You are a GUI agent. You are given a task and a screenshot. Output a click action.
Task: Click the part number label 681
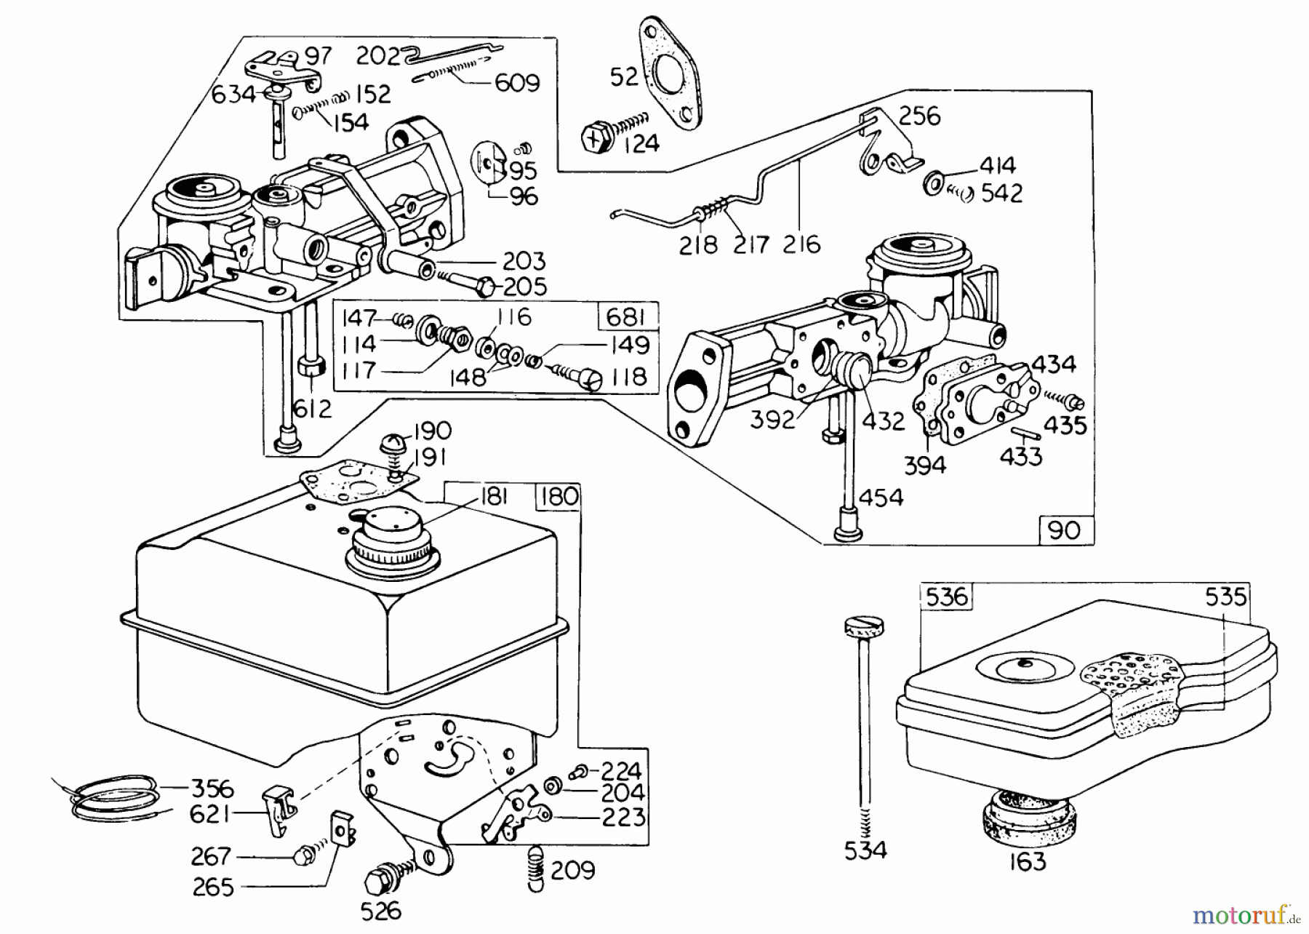[x=625, y=318]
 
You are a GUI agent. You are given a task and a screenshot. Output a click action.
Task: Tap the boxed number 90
[x=1065, y=530]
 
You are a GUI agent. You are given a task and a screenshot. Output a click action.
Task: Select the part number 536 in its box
[x=947, y=596]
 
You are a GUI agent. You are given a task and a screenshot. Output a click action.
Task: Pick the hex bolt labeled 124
[x=599, y=137]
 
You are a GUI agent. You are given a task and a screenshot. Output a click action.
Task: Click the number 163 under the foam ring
[x=1028, y=861]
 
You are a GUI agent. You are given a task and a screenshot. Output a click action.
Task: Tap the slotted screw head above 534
[x=863, y=626]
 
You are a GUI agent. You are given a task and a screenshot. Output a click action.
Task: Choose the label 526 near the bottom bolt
[x=381, y=911]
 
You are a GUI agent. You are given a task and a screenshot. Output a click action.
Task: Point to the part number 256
[x=919, y=116]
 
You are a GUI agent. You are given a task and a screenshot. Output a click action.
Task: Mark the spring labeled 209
[x=534, y=866]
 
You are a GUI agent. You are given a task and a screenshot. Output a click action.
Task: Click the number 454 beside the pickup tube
[x=881, y=498]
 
